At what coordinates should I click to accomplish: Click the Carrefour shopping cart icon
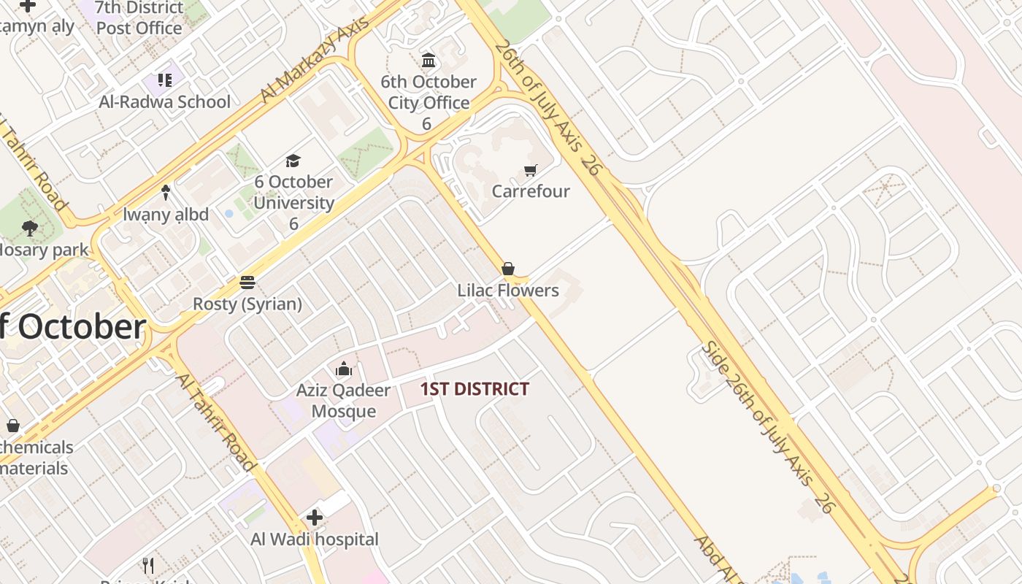(x=531, y=170)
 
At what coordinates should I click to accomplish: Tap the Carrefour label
(x=531, y=191)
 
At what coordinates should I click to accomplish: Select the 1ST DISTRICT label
(x=474, y=389)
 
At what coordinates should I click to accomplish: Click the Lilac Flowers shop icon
(x=508, y=269)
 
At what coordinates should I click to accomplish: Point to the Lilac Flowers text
(x=508, y=291)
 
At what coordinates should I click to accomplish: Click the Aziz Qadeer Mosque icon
(x=343, y=369)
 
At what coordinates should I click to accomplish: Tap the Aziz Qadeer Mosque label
(x=343, y=401)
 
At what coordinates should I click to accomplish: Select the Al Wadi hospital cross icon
(x=315, y=518)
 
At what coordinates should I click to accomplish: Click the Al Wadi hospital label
(x=315, y=539)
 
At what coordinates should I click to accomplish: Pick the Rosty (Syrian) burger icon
(x=247, y=282)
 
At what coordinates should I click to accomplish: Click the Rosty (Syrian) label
(x=247, y=304)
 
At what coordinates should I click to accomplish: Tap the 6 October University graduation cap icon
(x=293, y=161)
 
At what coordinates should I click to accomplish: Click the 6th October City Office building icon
(x=429, y=60)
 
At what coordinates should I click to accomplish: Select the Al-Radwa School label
(x=165, y=101)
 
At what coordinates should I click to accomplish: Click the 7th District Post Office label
(x=139, y=18)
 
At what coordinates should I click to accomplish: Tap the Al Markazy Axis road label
(x=315, y=59)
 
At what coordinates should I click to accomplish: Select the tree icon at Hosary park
(x=30, y=228)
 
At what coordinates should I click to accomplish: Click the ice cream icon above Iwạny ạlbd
(x=166, y=193)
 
